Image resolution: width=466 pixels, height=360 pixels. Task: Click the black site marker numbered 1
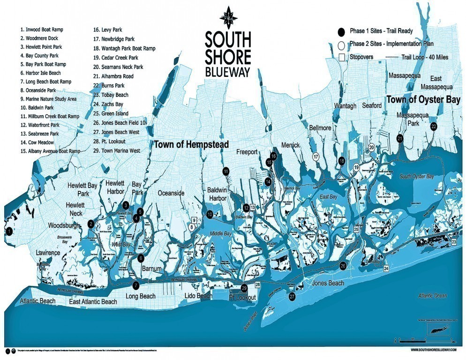pyautogui.click(x=8, y=230)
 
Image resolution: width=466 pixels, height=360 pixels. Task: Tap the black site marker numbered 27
pyautogui.click(x=293, y=297)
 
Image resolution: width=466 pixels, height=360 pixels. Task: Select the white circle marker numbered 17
pyautogui.click(x=316, y=157)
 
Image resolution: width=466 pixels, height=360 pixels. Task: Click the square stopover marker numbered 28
pyautogui.click(x=257, y=285)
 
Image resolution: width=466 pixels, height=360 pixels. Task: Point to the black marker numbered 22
pyautogui.click(x=434, y=127)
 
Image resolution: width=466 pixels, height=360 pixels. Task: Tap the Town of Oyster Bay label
pyautogui.click(x=423, y=100)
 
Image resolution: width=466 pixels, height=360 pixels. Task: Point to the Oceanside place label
pyautogui.click(x=172, y=193)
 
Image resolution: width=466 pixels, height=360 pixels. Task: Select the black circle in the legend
pyautogui.click(x=342, y=31)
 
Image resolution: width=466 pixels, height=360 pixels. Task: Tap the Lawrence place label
pyautogui.click(x=48, y=253)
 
